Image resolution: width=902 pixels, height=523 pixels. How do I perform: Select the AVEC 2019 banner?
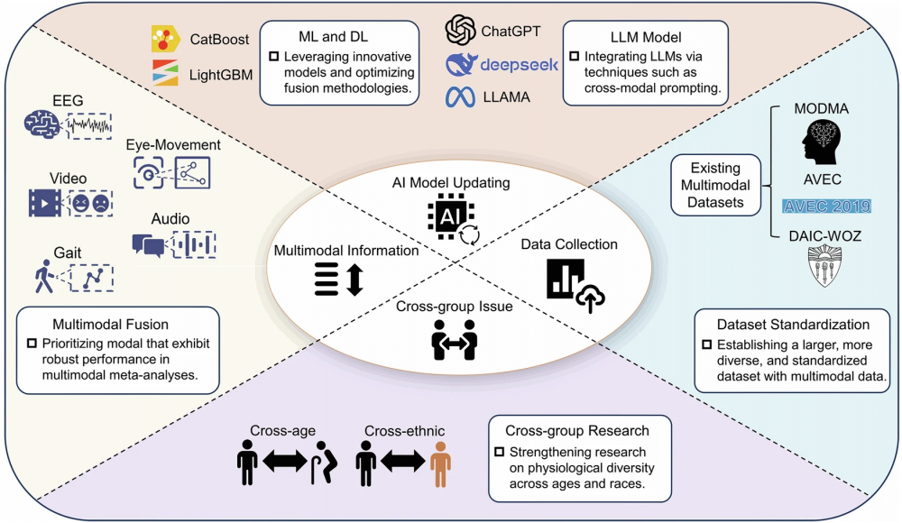pyautogui.click(x=827, y=206)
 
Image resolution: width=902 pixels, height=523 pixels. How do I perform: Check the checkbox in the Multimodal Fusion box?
pyautogui.click(x=32, y=343)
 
